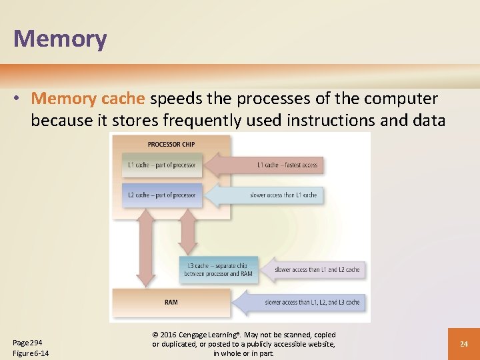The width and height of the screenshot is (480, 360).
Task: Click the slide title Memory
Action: click(60, 39)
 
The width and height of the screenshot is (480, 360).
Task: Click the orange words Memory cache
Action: click(88, 99)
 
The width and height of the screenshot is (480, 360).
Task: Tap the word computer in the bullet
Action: click(399, 99)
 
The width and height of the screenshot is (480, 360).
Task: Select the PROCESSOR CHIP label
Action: click(171, 144)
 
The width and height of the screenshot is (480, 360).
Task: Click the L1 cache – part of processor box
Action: click(162, 165)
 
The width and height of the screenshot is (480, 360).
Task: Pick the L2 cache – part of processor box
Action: click(162, 195)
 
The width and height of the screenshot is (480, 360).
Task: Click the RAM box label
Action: click(171, 302)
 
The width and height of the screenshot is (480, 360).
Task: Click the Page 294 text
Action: click(27, 342)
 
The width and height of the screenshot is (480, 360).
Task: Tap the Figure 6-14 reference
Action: click(31, 353)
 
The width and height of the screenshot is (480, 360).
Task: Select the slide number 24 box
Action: click(464, 344)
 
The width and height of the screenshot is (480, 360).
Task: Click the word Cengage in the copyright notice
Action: click(198, 335)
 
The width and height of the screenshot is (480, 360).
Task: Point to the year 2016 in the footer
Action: click(169, 335)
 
